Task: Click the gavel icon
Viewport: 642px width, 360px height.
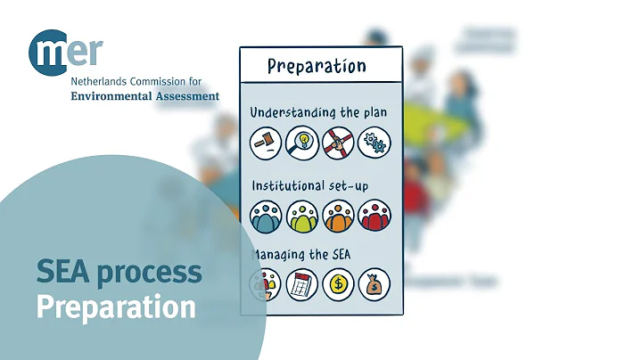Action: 266,143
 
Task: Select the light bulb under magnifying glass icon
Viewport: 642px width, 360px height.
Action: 302,143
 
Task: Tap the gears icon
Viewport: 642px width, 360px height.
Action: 374,143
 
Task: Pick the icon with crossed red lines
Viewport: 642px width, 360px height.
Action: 339,143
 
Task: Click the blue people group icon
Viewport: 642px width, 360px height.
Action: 266,216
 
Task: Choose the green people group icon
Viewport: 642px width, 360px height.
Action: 302,216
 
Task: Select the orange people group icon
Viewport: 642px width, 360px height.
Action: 339,216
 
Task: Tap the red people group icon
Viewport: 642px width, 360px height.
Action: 374,216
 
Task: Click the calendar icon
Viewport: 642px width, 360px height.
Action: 302,285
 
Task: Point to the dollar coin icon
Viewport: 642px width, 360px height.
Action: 339,285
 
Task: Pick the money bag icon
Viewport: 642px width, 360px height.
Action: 374,285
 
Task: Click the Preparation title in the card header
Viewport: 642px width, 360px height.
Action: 317,67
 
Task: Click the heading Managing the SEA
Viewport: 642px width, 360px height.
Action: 300,256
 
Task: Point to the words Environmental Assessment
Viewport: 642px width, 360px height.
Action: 144,96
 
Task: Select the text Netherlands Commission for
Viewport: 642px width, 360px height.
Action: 136,81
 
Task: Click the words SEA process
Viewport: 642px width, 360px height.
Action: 119,272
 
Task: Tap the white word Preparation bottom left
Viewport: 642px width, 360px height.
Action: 115,307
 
